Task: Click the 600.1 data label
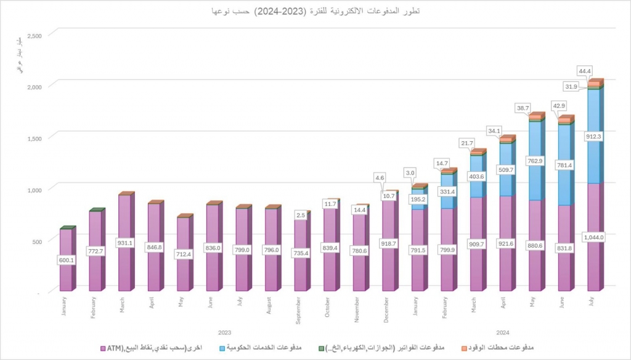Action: coord(67,260)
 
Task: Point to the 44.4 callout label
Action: coord(585,70)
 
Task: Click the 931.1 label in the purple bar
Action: coord(125,242)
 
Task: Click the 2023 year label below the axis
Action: coord(224,332)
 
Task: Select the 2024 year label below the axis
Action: coord(502,332)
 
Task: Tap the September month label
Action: coord(299,311)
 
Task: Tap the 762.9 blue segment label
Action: coord(535,161)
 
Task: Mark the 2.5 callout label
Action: coord(301,215)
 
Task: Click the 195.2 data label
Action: coord(418,199)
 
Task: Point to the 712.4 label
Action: coord(184,254)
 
